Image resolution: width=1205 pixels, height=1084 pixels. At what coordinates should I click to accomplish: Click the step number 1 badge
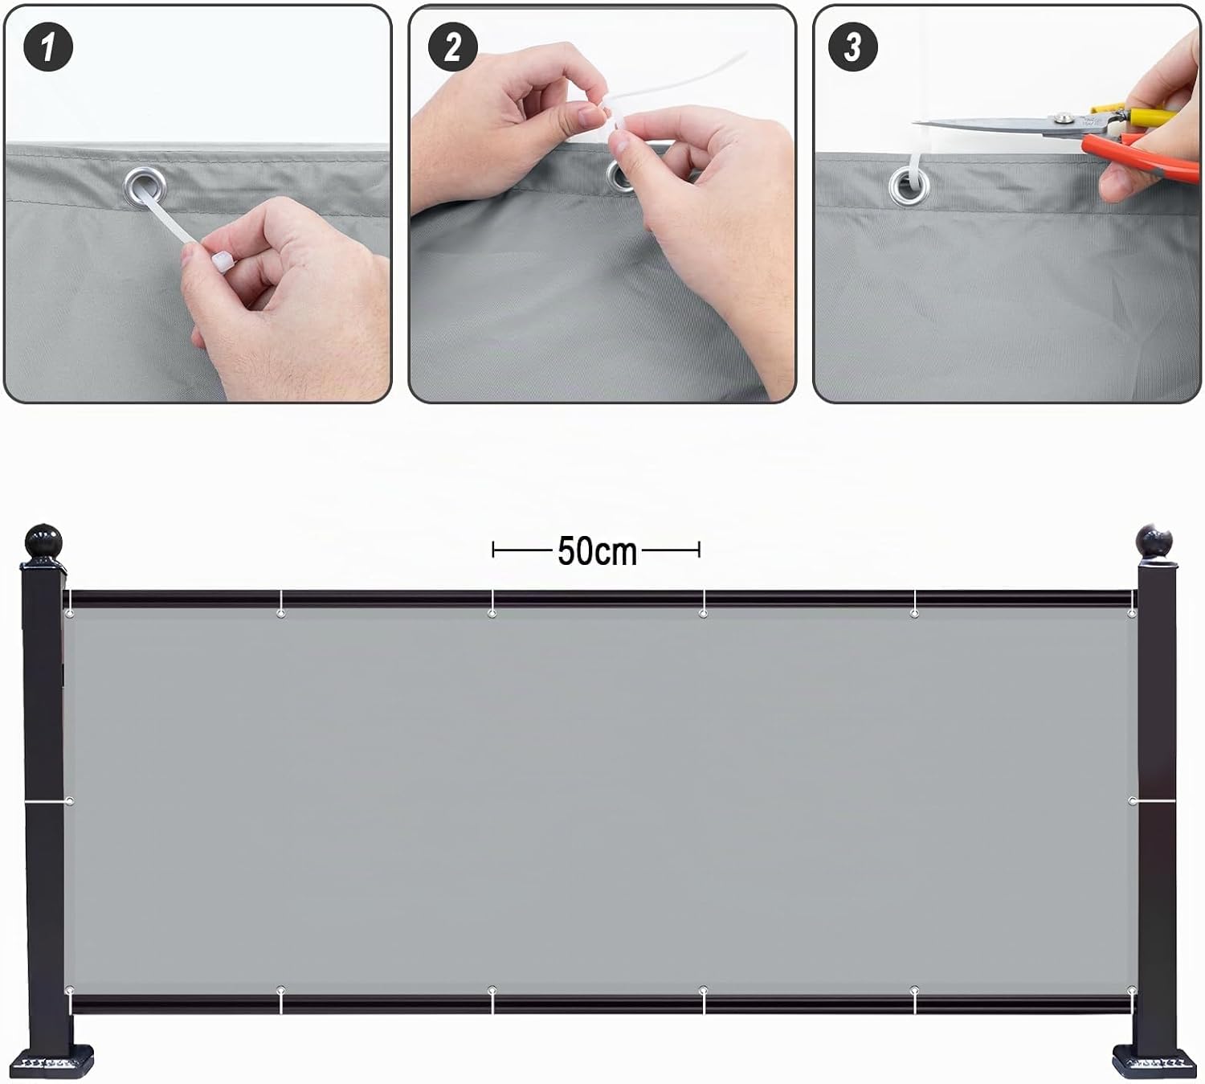tap(48, 47)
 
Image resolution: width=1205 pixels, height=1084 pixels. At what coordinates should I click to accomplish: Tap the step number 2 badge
tap(453, 47)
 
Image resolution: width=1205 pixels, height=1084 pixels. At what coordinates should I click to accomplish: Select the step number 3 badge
tap(853, 47)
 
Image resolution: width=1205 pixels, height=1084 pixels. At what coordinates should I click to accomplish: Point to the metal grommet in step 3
tap(909, 187)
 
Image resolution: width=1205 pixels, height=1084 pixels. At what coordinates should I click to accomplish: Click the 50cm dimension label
tap(597, 551)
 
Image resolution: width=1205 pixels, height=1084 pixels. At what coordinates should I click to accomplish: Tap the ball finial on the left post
tap(43, 542)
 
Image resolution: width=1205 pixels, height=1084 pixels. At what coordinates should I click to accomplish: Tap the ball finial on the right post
tap(1154, 542)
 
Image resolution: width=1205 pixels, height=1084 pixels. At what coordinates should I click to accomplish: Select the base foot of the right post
tap(1154, 1062)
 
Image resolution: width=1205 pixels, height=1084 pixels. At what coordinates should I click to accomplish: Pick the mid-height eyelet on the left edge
tap(70, 801)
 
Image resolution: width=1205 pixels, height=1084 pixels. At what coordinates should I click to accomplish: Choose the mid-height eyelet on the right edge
tap(1132, 801)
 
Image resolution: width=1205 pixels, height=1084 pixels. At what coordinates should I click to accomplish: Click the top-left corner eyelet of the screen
tap(70, 613)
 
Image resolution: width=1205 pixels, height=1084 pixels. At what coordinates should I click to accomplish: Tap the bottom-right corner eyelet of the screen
tap(1132, 990)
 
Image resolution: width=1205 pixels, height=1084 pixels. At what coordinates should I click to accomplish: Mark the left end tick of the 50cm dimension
tap(492, 549)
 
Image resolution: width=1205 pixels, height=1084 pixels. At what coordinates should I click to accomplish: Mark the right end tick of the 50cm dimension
tap(699, 549)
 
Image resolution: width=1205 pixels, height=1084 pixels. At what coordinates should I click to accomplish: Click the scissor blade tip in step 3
tap(914, 123)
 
